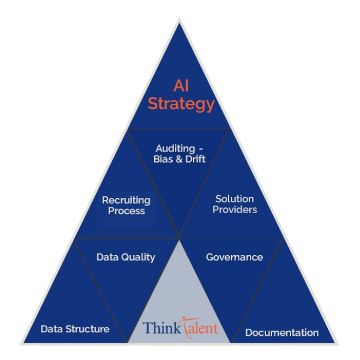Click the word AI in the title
(x=181, y=86)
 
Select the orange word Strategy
(x=181, y=104)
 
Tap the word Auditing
(x=175, y=149)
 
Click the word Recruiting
(x=126, y=200)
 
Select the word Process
(x=126, y=211)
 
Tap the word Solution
(x=234, y=199)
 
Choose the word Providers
(x=234, y=209)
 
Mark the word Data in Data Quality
(x=107, y=257)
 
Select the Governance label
(x=234, y=257)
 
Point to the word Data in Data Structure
(x=51, y=329)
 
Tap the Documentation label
(x=282, y=332)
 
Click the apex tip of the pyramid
(x=180, y=19)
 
